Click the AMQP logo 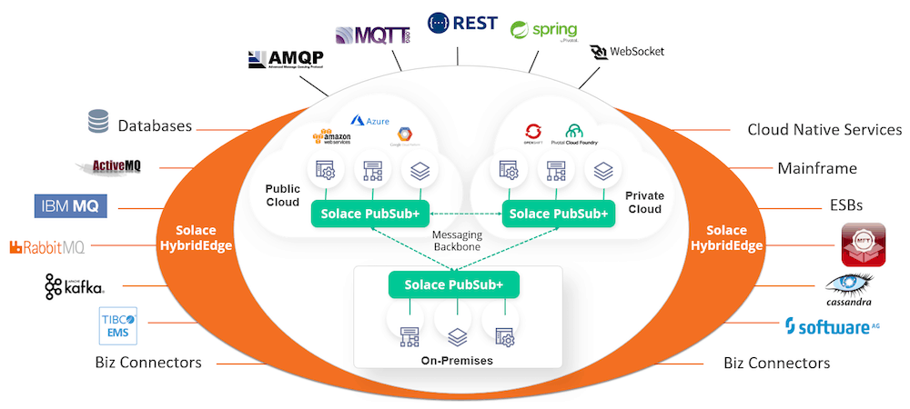pos(286,60)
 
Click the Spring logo pos(544,32)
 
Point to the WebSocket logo pos(627,51)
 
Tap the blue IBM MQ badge pos(71,206)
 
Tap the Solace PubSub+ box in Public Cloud pos(364,214)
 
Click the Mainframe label pos(816,168)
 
